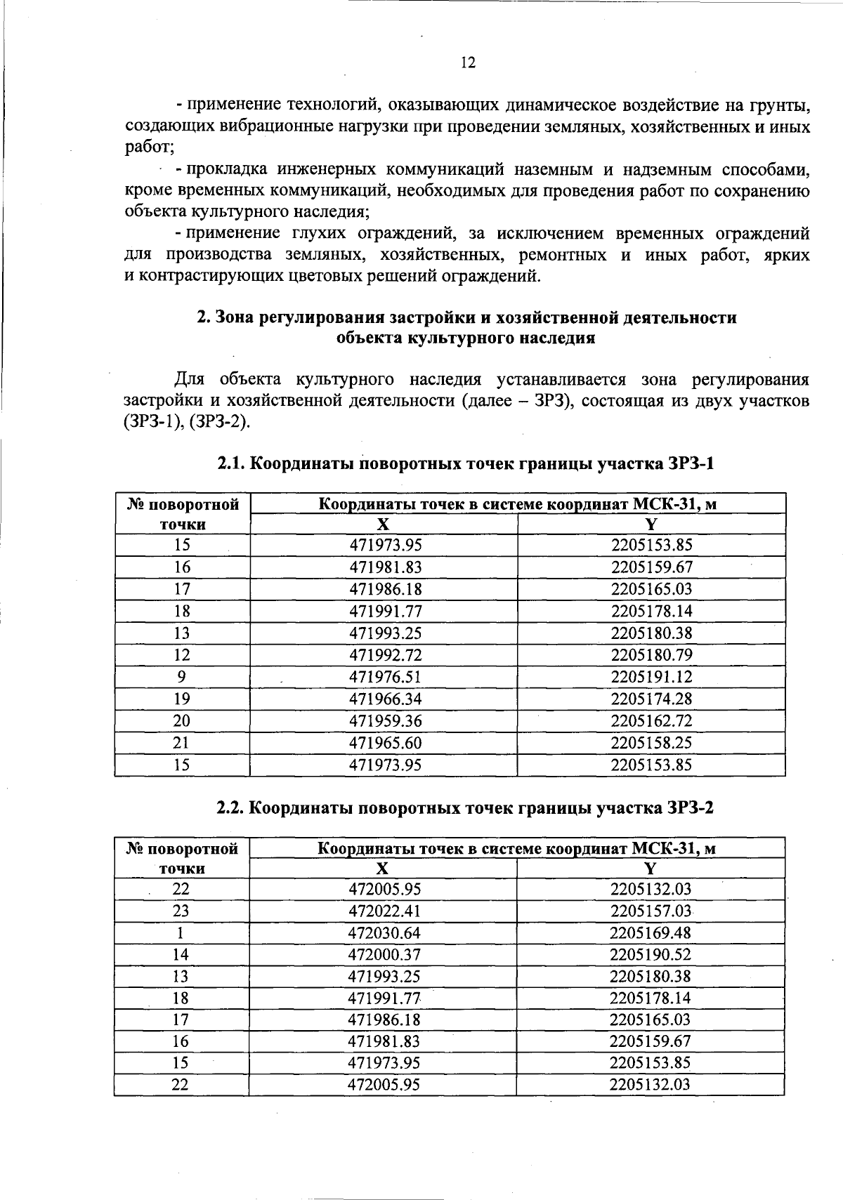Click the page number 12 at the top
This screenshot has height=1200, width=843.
click(x=468, y=63)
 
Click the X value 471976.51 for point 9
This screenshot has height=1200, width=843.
click(x=386, y=677)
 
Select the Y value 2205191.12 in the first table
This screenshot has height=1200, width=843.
click(x=651, y=677)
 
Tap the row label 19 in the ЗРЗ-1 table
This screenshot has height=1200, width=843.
click(x=182, y=699)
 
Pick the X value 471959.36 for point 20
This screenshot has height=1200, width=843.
click(x=386, y=721)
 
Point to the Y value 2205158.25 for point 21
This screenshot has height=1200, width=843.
click(x=651, y=743)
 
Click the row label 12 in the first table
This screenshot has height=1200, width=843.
click(x=182, y=655)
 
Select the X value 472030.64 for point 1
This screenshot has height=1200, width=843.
click(x=384, y=933)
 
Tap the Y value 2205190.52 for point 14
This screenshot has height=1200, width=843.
click(x=651, y=955)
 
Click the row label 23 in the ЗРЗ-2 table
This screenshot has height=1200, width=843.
click(x=181, y=911)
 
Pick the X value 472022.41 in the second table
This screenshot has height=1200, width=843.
click(x=384, y=911)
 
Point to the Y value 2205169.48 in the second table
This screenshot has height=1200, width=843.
click(x=651, y=933)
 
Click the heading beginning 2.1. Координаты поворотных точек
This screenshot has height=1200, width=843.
click(x=465, y=464)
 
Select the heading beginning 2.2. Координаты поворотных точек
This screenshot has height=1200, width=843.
click(x=465, y=808)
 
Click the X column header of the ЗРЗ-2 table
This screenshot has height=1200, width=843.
click(x=382, y=869)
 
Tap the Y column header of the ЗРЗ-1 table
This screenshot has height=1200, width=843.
click(x=651, y=525)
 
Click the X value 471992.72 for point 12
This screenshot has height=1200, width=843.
click(x=386, y=655)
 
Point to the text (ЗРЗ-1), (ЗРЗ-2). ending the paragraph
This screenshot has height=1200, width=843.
click(x=186, y=422)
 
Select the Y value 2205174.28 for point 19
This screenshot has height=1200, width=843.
click(x=651, y=699)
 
